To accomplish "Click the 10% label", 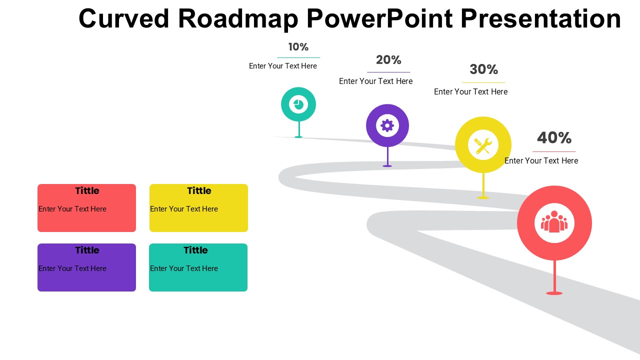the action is click(298, 47).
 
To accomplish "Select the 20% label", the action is click(388, 60).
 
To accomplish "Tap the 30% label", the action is click(483, 69).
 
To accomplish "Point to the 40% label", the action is click(554, 137).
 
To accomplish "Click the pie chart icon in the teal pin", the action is click(298, 104).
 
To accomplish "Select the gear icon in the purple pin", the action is click(387, 125).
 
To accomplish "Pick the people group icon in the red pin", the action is click(554, 221).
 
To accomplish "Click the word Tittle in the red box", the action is click(87, 190).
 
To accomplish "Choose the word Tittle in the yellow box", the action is click(199, 190).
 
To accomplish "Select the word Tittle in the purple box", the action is click(87, 250).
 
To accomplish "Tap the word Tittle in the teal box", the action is click(195, 250).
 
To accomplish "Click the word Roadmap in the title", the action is click(238, 19).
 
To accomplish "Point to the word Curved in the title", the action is click(124, 18).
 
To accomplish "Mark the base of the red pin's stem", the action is click(554, 293).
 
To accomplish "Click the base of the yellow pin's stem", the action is click(483, 197).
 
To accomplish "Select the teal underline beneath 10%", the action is click(298, 57).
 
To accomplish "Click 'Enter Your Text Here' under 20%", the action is click(375, 81).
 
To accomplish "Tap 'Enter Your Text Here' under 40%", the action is click(541, 160).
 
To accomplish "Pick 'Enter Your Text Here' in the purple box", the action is click(72, 268).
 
